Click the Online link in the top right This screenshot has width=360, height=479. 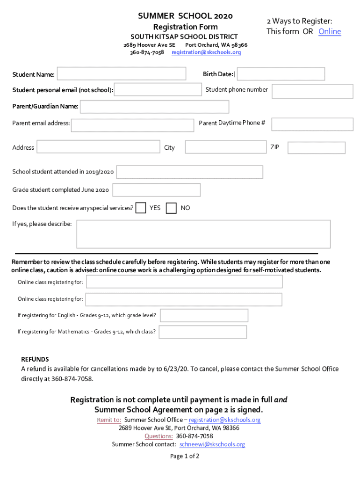tap(330, 31)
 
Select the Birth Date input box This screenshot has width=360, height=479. tap(281, 74)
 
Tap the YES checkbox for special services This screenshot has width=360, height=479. tap(140, 208)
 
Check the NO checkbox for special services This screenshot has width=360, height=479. tap(172, 208)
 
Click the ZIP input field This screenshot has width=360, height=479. tap(316, 148)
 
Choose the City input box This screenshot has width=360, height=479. tap(225, 147)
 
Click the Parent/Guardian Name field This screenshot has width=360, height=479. tap(154, 107)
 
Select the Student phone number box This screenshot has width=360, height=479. tap(312, 91)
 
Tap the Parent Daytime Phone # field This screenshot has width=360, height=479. tap(312, 124)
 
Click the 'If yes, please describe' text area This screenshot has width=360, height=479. tap(203, 234)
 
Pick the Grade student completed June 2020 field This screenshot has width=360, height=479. tap(156, 190)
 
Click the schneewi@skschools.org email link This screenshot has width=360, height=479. tap(212, 444)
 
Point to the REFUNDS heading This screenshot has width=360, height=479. tap(35, 359)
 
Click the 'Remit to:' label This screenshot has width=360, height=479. tap(109, 420)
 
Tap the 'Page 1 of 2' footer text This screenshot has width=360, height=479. tap(185, 456)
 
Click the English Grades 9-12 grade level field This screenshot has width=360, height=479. tap(204, 315)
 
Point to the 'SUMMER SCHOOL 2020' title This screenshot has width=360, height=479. tap(185, 16)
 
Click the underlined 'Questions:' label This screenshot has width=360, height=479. tap(158, 436)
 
